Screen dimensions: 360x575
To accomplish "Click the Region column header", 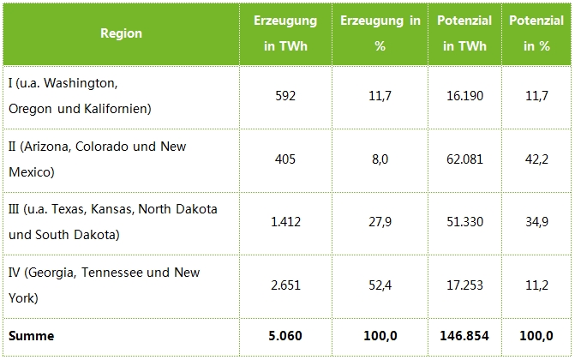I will tap(121, 33).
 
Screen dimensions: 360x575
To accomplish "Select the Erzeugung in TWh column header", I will tap(285, 33).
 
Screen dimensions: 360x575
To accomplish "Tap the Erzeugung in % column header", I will tap(380, 33).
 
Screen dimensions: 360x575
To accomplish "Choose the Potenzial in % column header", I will tap(536, 33).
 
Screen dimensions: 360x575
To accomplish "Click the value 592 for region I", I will tap(285, 96).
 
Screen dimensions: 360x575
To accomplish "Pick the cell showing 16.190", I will tap(464, 96).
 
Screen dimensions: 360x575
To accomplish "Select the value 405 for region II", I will tap(285, 159).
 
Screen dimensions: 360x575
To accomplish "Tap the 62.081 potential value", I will tap(464, 159).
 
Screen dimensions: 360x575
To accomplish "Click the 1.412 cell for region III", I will tap(285, 222).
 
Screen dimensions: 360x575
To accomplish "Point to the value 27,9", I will tap(380, 222).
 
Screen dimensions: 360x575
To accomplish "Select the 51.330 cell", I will tap(464, 222).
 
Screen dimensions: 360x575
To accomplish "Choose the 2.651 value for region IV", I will tap(285, 285).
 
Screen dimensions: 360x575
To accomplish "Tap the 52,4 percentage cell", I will tap(380, 285).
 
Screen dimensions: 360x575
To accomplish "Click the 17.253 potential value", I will tap(464, 285).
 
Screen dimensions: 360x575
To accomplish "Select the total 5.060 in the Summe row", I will tap(285, 336).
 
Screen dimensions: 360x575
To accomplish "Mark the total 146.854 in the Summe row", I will tap(464, 336).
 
